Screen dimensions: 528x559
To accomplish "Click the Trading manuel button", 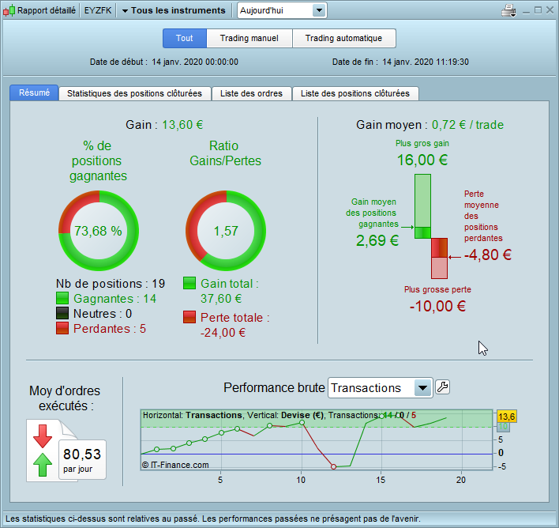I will tap(249, 38).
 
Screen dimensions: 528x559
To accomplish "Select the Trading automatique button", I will tap(343, 38).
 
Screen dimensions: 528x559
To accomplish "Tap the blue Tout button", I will tap(185, 38).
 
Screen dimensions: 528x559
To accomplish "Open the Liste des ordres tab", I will tap(252, 93).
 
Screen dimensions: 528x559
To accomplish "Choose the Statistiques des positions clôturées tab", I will tap(135, 93).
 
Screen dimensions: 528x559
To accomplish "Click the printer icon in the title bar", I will tap(509, 11).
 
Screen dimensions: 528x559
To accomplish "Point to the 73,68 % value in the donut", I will tap(98, 231).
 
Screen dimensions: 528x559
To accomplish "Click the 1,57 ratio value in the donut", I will tap(226, 231).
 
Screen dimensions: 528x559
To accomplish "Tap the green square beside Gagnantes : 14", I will tap(63, 299).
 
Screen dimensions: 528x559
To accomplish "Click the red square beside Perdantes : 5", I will tap(63, 328).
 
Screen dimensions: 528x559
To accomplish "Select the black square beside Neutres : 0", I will tap(63, 313).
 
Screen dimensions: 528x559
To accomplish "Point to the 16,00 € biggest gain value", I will tap(422, 160).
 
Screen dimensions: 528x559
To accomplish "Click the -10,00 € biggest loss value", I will tap(437, 306).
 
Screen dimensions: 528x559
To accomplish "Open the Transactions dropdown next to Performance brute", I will tap(423, 387).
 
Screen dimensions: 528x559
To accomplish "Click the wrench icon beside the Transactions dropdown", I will tap(443, 387).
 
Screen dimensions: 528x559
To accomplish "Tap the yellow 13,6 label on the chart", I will tap(506, 417).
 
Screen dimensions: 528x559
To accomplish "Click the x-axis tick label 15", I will tap(381, 479).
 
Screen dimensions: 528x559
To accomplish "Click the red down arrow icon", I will tap(43, 436).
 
